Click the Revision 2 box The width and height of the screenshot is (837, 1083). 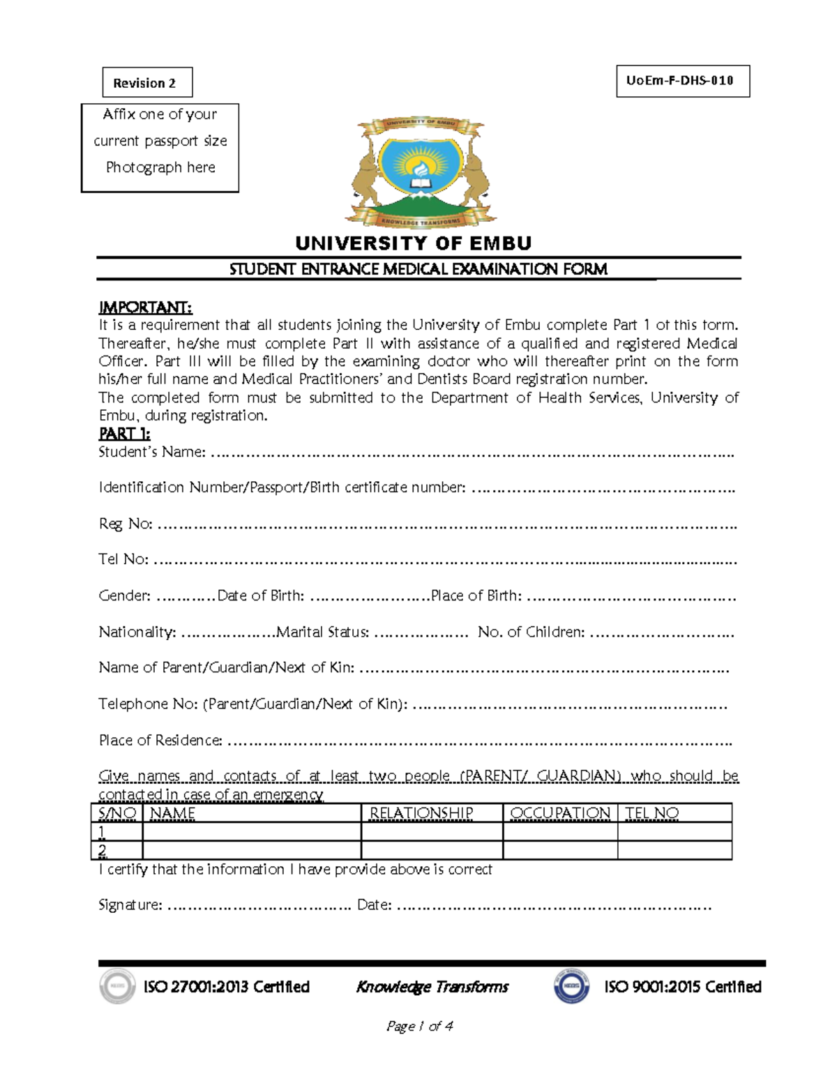[x=147, y=83]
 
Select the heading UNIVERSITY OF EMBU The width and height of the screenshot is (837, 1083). [x=413, y=243]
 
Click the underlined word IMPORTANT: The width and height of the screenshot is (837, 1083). [x=145, y=308]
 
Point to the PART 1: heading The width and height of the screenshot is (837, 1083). [x=124, y=434]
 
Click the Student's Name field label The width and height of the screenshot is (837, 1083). [x=152, y=453]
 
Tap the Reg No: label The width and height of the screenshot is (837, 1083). [x=126, y=524]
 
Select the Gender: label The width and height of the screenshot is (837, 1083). [x=124, y=596]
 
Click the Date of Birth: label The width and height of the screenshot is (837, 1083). [x=260, y=596]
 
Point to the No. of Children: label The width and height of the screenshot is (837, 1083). [x=531, y=633]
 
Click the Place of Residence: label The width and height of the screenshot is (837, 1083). [x=160, y=741]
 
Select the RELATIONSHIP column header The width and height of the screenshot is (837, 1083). [x=421, y=813]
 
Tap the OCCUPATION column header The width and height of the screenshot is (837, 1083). [x=560, y=813]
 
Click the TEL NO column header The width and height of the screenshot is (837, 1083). [x=651, y=813]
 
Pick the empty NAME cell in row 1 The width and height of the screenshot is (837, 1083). [x=251, y=831]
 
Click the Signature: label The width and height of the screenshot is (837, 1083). [x=130, y=905]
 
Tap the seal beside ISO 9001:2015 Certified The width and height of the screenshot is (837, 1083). [x=571, y=987]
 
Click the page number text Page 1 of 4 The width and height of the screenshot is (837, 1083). [x=419, y=1027]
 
